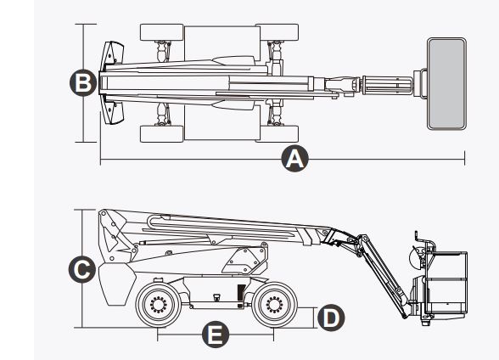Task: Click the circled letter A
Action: (x=294, y=160)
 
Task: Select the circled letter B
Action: (x=82, y=83)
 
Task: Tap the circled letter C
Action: (x=81, y=270)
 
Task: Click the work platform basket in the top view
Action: (x=447, y=83)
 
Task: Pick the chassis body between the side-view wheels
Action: (x=216, y=293)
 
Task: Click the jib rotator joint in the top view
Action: (x=344, y=83)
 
